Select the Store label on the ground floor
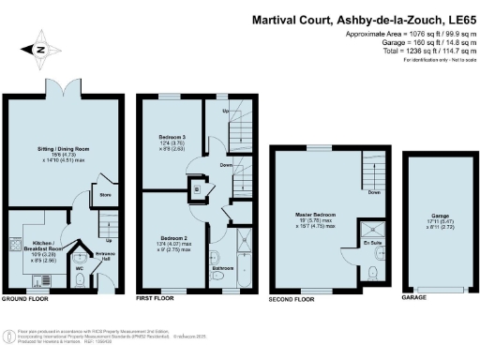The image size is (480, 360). (x=105, y=196)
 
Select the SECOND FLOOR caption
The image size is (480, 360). (x=293, y=299)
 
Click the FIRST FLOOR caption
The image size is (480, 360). (x=157, y=299)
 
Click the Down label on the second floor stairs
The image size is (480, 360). (x=374, y=193)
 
